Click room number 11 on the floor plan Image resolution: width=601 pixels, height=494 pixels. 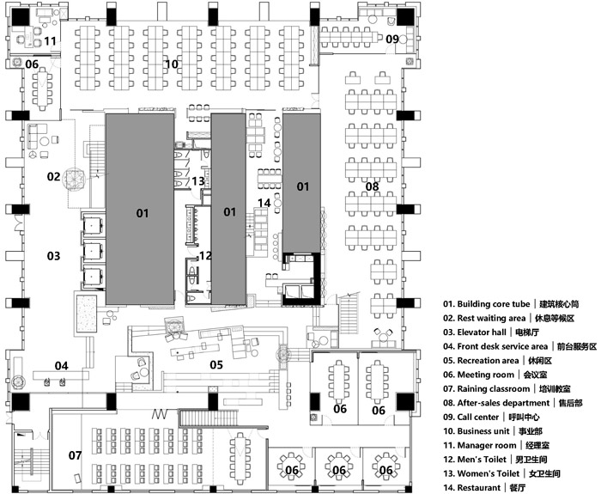pyautogui.click(x=51, y=40)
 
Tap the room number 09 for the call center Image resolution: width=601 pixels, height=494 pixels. pyautogui.click(x=392, y=40)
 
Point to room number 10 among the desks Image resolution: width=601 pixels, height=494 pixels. pyautogui.click(x=171, y=64)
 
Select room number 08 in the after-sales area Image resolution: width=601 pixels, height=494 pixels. pyautogui.click(x=372, y=186)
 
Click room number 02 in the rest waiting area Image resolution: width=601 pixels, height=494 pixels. pyautogui.click(x=53, y=177)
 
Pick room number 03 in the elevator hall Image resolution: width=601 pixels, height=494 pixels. pyautogui.click(x=53, y=255)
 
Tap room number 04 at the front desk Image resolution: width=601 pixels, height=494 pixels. pyautogui.click(x=61, y=366)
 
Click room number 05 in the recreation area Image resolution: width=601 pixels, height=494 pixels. pyautogui.click(x=216, y=365)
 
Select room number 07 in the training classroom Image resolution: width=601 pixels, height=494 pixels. pyautogui.click(x=76, y=454)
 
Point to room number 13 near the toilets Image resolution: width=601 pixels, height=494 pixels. pyautogui.click(x=198, y=181)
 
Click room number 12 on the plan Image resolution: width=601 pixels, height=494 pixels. pyautogui.click(x=205, y=255)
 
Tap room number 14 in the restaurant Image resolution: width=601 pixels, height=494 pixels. pyautogui.click(x=264, y=203)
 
